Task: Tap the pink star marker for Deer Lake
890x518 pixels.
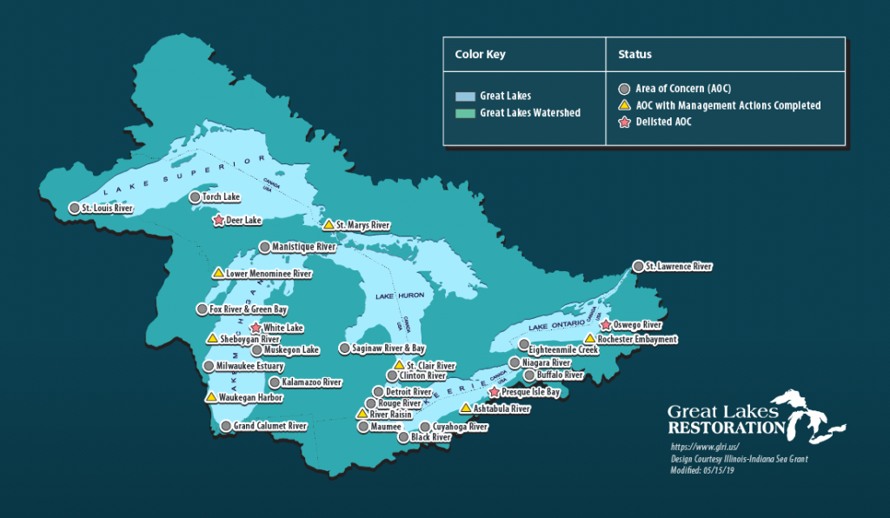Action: coord(218,221)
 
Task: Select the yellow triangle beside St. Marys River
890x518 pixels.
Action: coord(329,224)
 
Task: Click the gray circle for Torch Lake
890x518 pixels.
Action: coord(195,197)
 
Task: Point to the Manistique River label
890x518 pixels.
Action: coord(303,247)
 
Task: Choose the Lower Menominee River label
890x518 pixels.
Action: coord(268,273)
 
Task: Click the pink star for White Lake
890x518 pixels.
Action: coord(256,328)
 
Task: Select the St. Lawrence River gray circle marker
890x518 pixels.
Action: coord(638,266)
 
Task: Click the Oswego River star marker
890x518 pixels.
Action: coord(606,325)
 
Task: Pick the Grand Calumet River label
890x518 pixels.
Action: coord(270,427)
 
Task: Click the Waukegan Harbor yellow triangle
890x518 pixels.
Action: coord(210,397)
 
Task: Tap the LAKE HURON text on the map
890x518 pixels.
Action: coord(399,296)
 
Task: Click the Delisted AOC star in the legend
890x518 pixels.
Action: coord(624,121)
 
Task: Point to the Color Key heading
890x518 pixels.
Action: coord(480,54)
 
